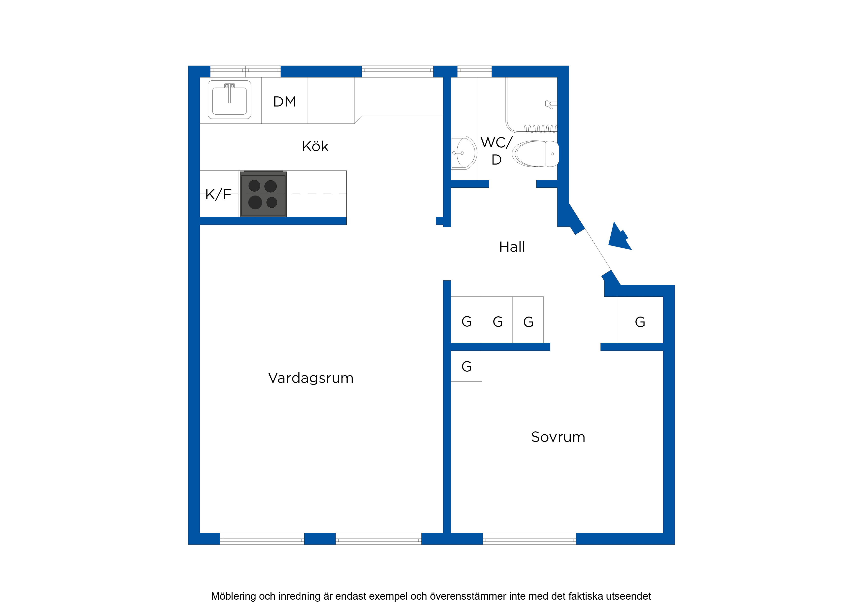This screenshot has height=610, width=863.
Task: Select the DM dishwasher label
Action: pyautogui.click(x=285, y=102)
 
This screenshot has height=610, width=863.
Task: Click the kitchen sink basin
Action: pyautogui.click(x=229, y=100)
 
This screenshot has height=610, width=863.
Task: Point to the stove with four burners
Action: pyautogui.click(x=263, y=194)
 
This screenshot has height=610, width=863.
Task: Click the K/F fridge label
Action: pyautogui.click(x=218, y=194)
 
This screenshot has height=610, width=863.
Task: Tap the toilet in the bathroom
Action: pyautogui.click(x=535, y=154)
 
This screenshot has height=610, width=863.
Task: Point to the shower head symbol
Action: pyautogui.click(x=551, y=104)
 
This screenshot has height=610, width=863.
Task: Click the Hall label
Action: pyautogui.click(x=512, y=247)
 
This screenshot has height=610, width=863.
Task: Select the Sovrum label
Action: pyautogui.click(x=558, y=437)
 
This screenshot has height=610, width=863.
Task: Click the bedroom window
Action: pyautogui.click(x=529, y=539)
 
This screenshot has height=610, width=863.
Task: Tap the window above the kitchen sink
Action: pyautogui.click(x=246, y=71)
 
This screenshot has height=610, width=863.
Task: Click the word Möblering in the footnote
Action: pyautogui.click(x=233, y=596)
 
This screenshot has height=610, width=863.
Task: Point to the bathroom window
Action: pyautogui.click(x=474, y=71)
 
